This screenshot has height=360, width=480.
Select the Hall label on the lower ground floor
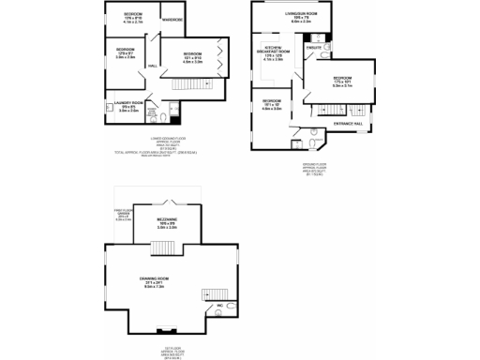(x=152, y=66)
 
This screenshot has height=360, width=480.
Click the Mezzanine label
(x=167, y=221)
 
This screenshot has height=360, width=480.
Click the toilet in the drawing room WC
(x=232, y=314)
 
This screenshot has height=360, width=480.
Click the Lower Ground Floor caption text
(x=167, y=139)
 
